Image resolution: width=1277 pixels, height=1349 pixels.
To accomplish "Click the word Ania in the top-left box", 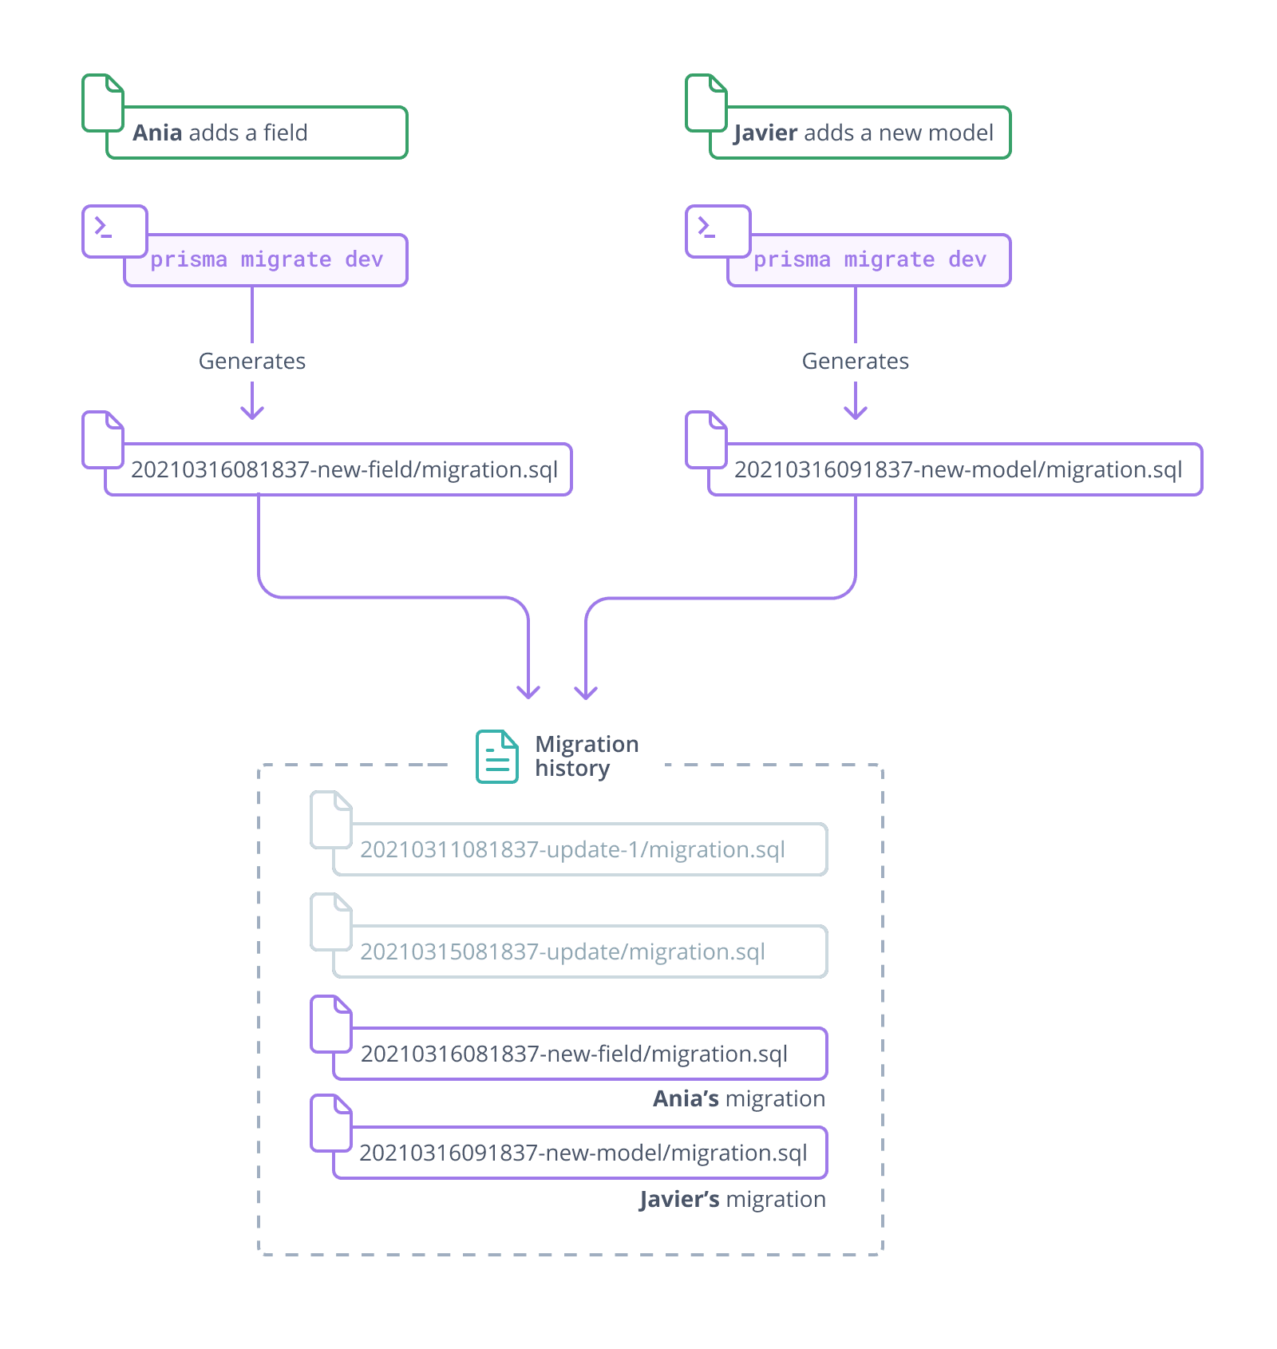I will click(x=157, y=133).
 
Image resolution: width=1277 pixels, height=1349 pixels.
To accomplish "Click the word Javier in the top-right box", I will click(x=765, y=133).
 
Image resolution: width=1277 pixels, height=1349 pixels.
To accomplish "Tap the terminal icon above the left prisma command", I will click(x=114, y=231).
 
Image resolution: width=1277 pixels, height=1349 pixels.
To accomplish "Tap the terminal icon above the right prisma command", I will click(x=718, y=231).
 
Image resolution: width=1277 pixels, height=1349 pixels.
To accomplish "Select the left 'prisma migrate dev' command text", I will click(x=267, y=260).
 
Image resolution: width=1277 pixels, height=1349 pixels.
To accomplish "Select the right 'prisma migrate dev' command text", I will click(x=870, y=260).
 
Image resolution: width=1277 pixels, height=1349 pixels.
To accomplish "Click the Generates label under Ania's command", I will click(x=251, y=362).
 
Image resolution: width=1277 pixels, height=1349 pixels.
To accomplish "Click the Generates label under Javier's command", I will click(x=855, y=362).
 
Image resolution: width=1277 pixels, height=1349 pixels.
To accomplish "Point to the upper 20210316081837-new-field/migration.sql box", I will click(x=344, y=469).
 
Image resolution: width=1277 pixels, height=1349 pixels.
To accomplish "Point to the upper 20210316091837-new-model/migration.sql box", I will click(x=958, y=469).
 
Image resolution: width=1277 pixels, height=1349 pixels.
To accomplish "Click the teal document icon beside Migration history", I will click(x=496, y=756).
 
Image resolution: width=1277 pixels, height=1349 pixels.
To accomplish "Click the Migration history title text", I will click(x=586, y=756).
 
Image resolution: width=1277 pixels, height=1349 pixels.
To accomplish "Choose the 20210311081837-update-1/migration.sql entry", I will click(x=572, y=849).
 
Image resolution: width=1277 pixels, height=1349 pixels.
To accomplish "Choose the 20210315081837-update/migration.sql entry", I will click(x=563, y=951).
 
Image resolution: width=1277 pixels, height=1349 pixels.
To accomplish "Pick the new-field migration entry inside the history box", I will click(x=574, y=1054).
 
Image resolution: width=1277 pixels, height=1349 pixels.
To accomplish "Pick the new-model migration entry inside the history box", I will click(x=583, y=1153).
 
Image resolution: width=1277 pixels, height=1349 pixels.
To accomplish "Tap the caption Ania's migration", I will click(x=738, y=1099).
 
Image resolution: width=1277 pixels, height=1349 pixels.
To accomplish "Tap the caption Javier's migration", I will click(x=732, y=1199).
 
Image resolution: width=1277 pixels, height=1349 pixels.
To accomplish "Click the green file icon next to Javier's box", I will click(x=706, y=102).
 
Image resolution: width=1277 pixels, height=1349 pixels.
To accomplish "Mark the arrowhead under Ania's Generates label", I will click(x=252, y=413).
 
